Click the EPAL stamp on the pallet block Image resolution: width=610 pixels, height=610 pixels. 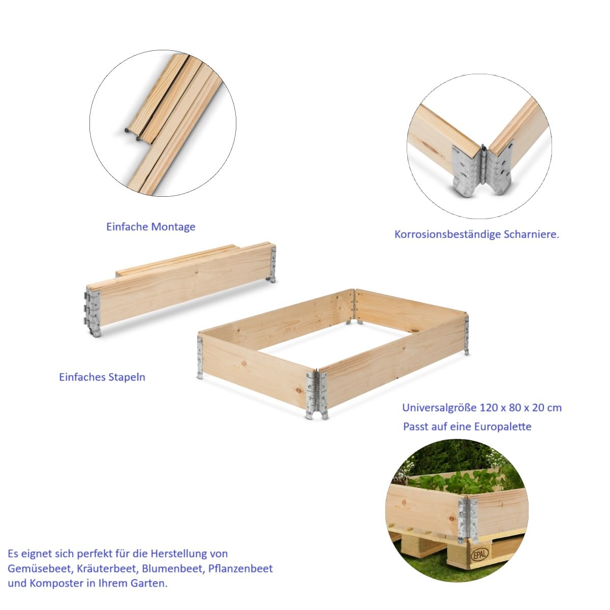pos(480,555)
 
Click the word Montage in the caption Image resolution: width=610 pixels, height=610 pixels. pos(173,227)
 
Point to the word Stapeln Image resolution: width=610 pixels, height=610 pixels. pos(127,377)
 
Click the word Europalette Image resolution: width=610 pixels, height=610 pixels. pos(502,426)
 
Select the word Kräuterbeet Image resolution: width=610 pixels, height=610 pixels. pos(109,569)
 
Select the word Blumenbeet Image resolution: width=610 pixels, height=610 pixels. pos(173,569)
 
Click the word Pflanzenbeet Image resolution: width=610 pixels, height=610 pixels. pos(240,569)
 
